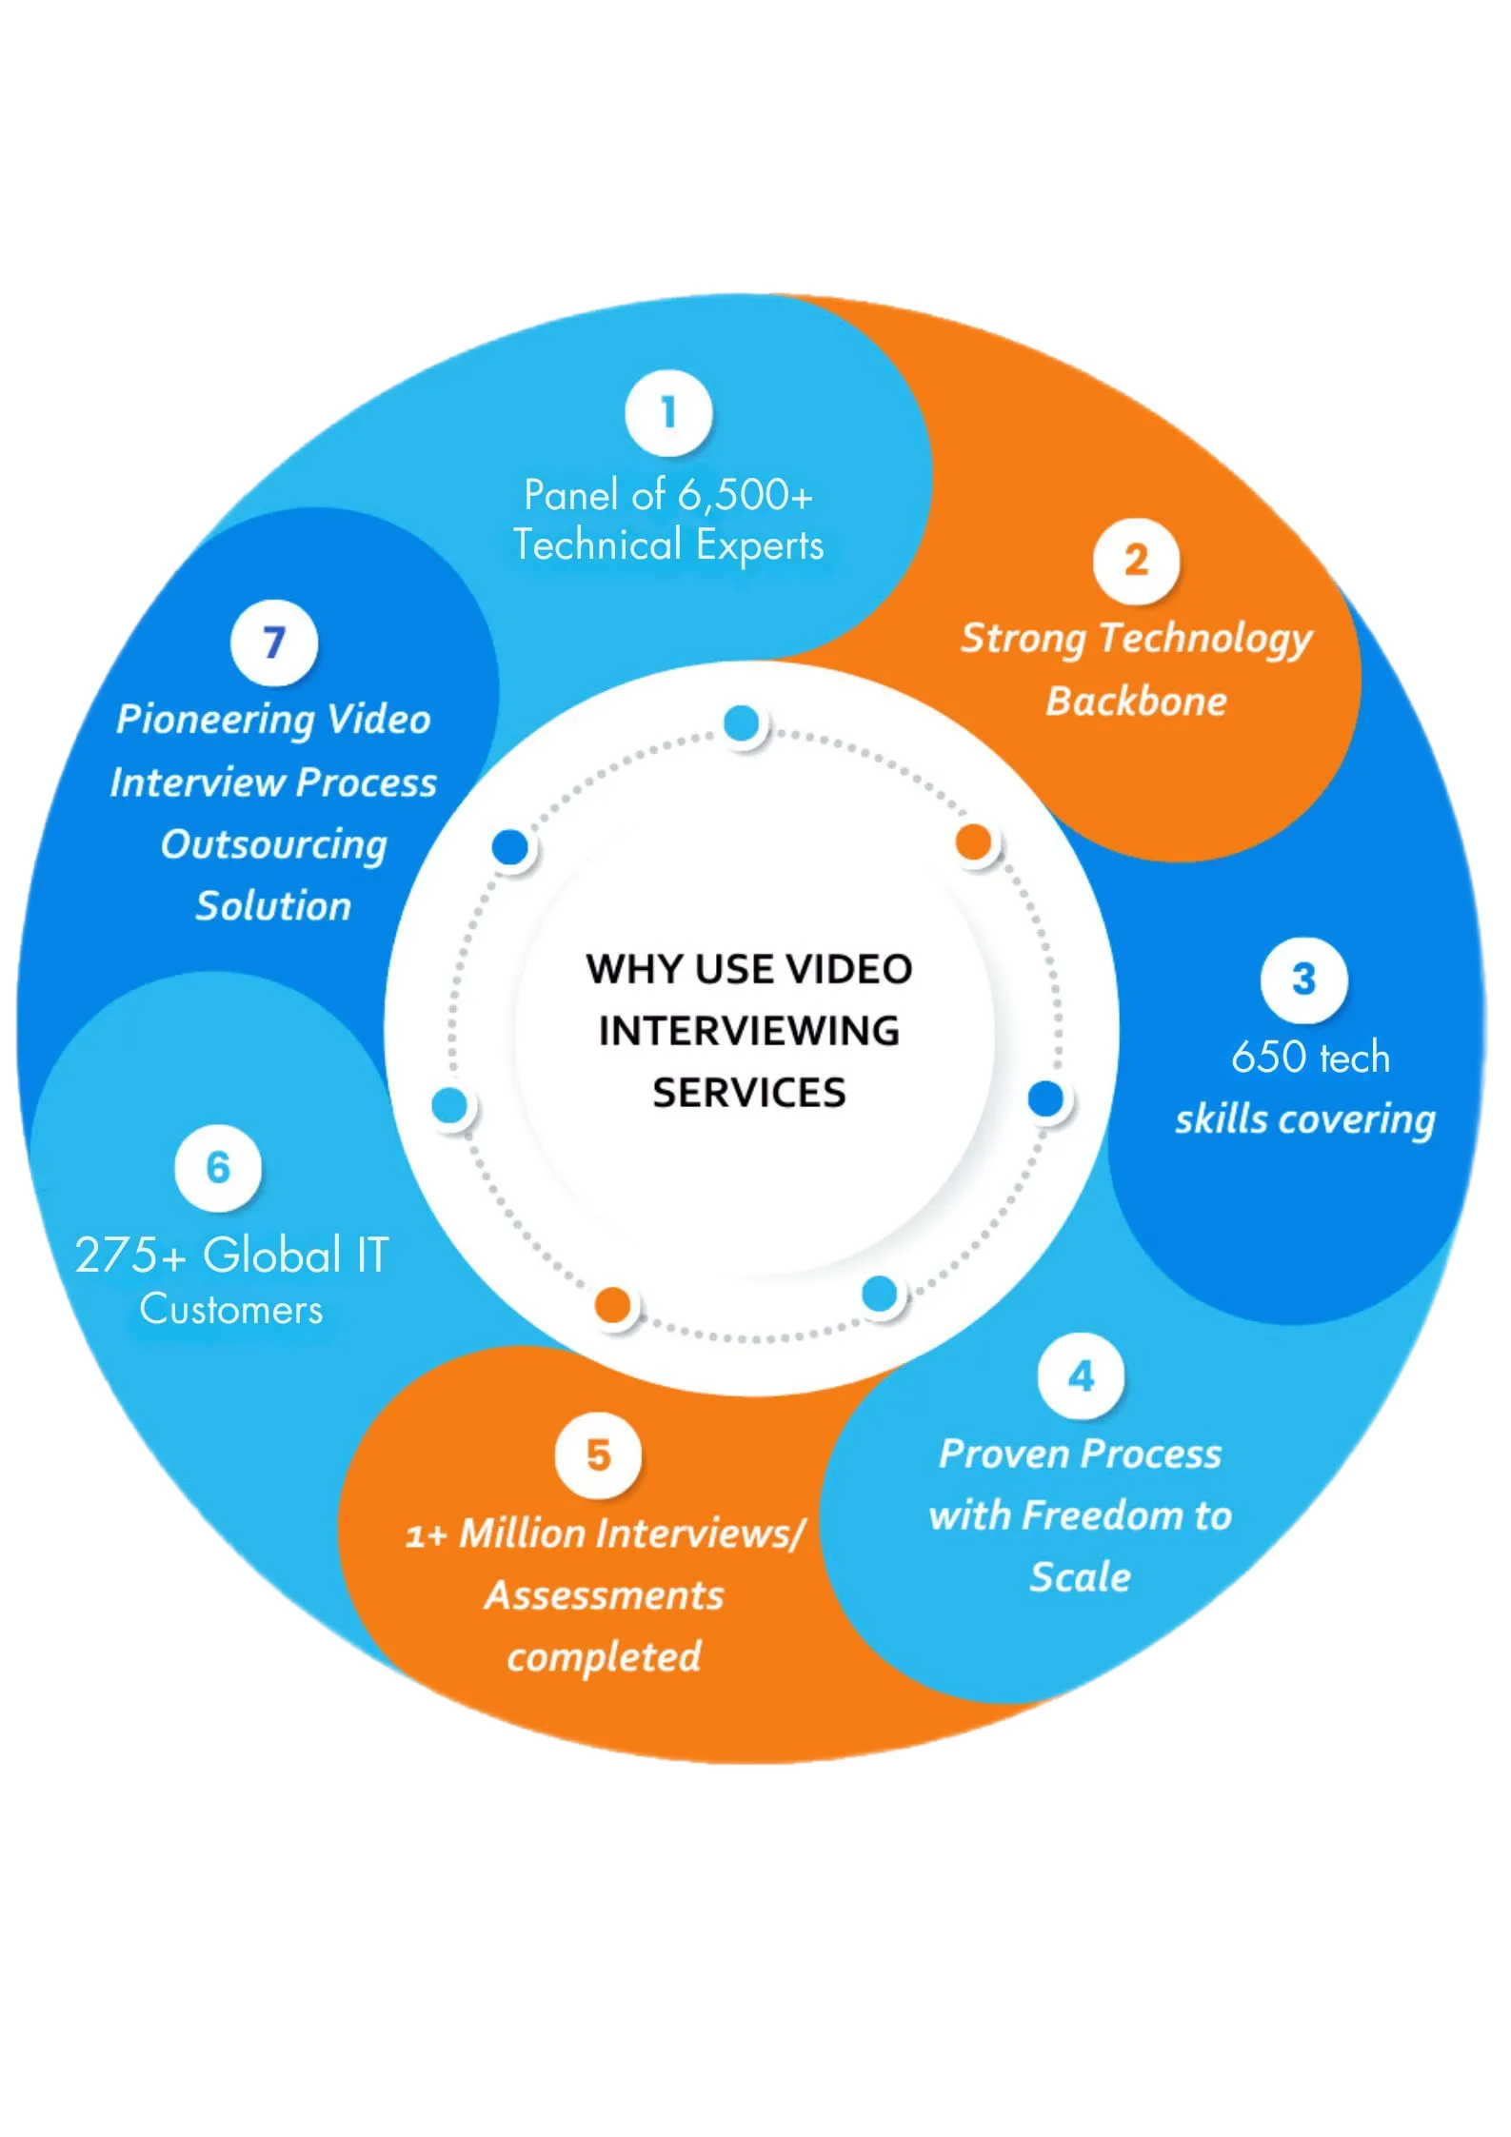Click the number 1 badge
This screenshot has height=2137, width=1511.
(668, 413)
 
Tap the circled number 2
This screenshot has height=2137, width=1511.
(1136, 561)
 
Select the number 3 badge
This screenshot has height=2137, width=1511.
(1303, 979)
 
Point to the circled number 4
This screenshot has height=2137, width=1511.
(1081, 1376)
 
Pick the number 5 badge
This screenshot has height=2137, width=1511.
(598, 1454)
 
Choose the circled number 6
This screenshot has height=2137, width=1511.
(218, 1168)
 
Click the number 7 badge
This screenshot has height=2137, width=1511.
(274, 643)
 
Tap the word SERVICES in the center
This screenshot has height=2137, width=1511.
(749, 1093)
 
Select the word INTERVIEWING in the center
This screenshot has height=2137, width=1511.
(749, 1031)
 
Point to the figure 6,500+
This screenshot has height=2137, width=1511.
(745, 495)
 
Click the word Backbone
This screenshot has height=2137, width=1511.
(1136, 702)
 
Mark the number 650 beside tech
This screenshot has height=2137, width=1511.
(1267, 1058)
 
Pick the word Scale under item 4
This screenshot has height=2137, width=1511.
(1081, 1577)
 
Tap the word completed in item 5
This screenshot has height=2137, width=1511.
(604, 1657)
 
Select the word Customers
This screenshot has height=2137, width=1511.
(231, 1310)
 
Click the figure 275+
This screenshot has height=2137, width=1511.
(130, 1255)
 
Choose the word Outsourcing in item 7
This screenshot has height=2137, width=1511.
(274, 845)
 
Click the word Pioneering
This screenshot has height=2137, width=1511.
(214, 720)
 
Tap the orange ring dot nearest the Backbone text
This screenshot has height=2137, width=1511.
(973, 841)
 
